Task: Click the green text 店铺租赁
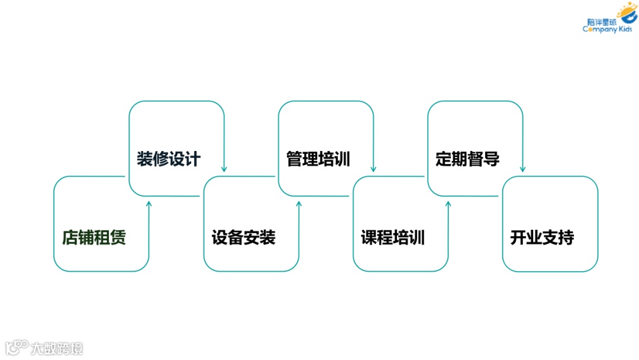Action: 94,238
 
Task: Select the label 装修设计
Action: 169,159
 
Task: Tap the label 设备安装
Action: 243,238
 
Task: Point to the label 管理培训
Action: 318,159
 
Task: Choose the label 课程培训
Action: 393,238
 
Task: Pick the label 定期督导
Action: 467,159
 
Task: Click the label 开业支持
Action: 542,238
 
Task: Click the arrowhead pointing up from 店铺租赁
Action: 149,204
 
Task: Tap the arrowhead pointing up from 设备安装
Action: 299,204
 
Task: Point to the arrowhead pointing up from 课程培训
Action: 448,204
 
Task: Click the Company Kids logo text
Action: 607,30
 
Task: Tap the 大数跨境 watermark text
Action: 57,348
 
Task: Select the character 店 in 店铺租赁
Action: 70,238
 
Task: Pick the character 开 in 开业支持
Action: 518,238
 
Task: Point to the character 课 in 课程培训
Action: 369,238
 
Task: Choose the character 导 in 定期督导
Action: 492,159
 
